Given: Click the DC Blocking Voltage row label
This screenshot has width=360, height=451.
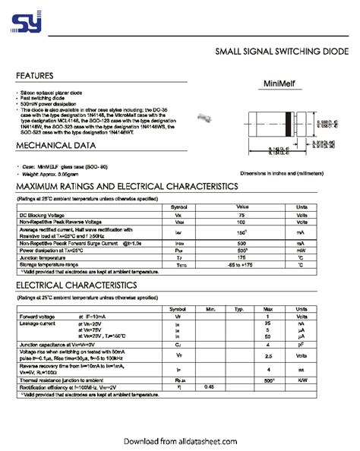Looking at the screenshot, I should pos(45,215).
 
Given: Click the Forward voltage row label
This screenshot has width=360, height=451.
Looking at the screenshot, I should pos(37,317).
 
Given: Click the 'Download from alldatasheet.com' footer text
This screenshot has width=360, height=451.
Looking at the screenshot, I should pos(180,439).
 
